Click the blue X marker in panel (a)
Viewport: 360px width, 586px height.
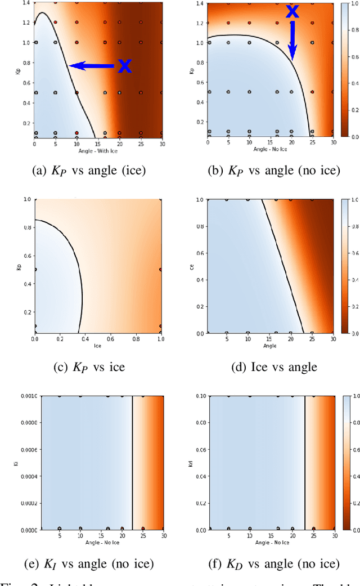coord(124,66)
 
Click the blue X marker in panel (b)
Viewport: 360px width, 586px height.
coord(292,11)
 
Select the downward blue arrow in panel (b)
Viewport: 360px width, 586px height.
coord(292,39)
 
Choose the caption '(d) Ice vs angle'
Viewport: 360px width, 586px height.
coord(269,366)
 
